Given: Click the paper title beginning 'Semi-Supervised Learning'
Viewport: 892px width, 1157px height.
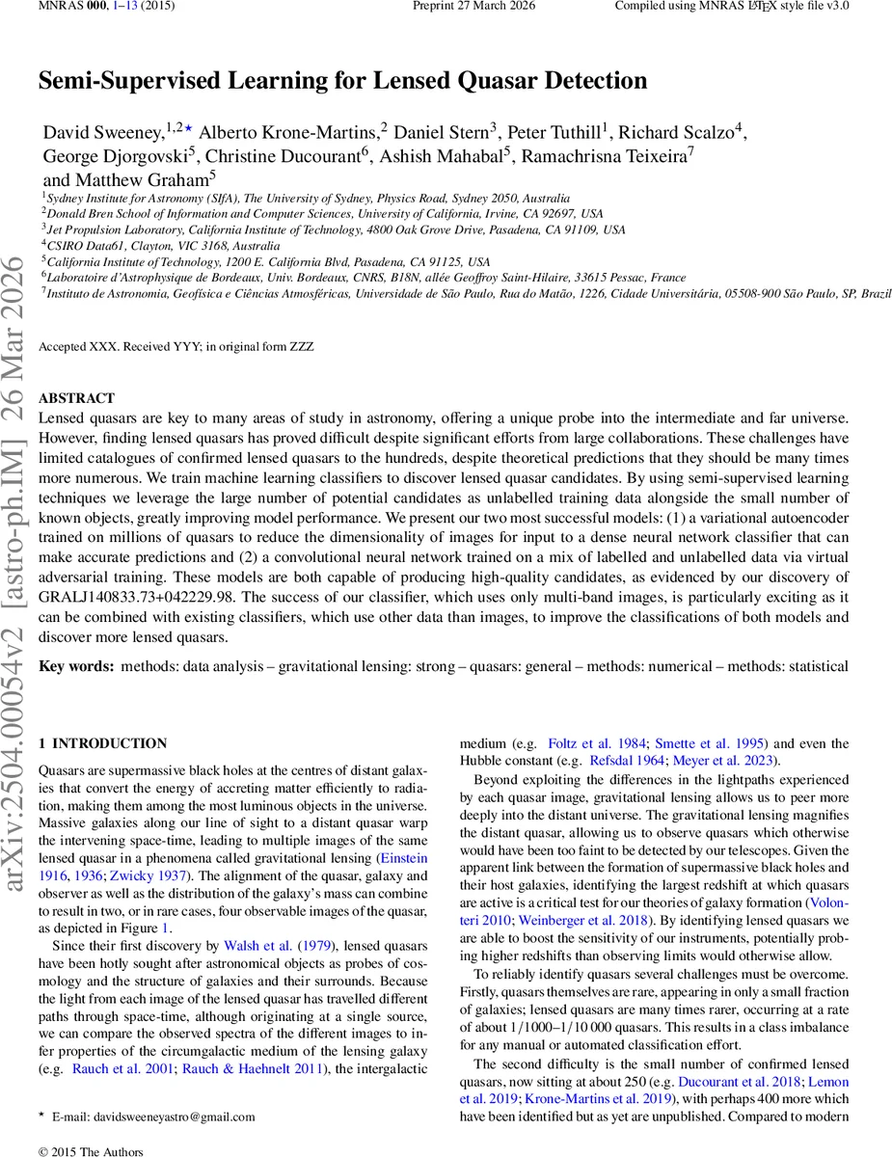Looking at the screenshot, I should tap(342, 81).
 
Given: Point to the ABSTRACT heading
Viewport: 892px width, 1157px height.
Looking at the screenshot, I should tap(76, 398).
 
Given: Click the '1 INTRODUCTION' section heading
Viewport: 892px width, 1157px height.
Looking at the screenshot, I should tap(102, 743).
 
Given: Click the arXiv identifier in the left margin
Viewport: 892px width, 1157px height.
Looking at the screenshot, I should tap(21, 675).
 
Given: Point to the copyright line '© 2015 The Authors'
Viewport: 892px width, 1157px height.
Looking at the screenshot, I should tap(91, 1151).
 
